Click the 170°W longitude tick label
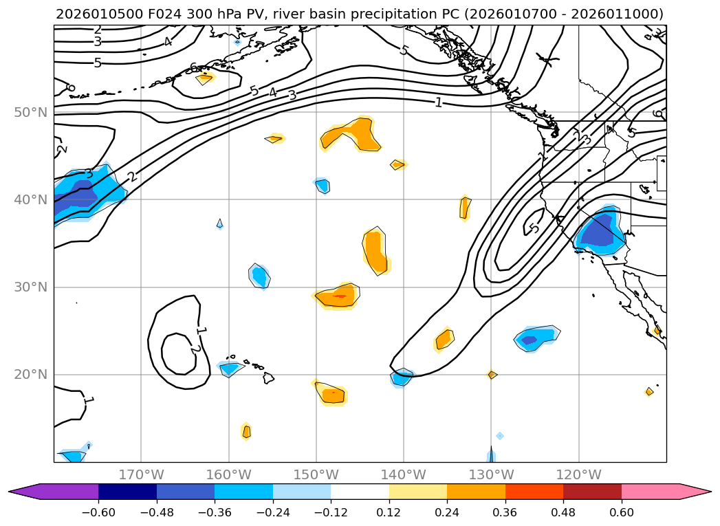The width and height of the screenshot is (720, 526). [141, 474]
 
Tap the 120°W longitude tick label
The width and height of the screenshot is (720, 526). [578, 474]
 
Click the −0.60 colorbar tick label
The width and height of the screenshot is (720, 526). [98, 512]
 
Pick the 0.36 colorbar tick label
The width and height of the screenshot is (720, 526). [505, 512]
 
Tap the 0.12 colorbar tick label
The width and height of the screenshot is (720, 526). [389, 512]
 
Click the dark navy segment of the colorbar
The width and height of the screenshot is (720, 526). [127, 492]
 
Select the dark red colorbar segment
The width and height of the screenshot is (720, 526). [592, 492]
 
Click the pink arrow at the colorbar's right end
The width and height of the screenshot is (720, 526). [695, 492]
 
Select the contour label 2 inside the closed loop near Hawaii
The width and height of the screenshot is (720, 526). [195, 349]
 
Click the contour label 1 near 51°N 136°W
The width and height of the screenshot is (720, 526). [438, 102]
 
